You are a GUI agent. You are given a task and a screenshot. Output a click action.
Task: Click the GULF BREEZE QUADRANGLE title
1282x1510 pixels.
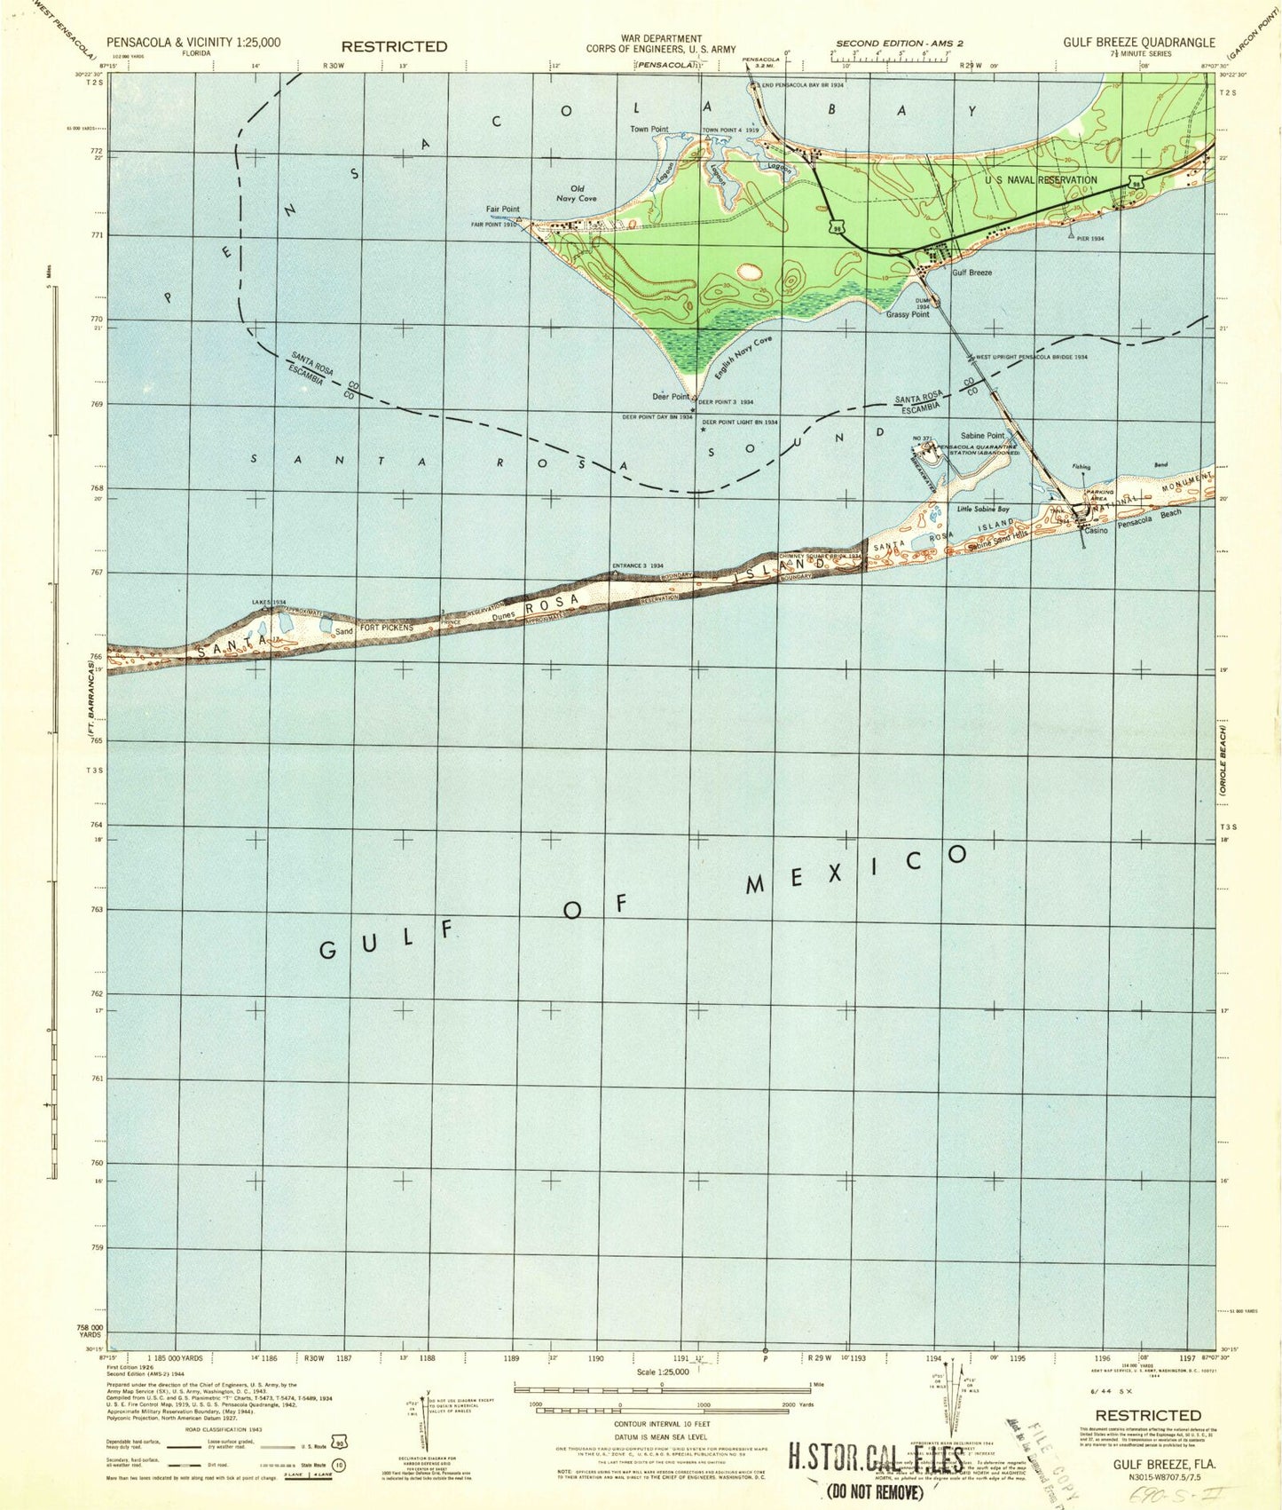[x=1139, y=42]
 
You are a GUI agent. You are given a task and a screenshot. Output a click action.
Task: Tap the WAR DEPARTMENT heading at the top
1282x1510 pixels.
[x=660, y=38]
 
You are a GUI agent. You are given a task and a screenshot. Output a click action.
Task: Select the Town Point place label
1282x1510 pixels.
[x=649, y=130]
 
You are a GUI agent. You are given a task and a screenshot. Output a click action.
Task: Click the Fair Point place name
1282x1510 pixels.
[x=502, y=210]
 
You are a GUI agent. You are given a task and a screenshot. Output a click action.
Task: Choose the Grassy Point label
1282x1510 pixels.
[x=907, y=314]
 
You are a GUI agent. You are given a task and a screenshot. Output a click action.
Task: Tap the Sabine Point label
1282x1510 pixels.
[x=982, y=436]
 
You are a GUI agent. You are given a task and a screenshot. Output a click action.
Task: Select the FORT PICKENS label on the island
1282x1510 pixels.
[x=386, y=628]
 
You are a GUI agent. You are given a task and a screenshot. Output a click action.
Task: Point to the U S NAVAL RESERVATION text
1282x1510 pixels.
[x=1040, y=180]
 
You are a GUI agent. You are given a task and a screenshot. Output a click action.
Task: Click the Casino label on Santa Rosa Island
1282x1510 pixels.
[x=1096, y=530]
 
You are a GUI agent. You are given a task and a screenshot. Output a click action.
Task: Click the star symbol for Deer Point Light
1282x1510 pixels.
[x=704, y=430]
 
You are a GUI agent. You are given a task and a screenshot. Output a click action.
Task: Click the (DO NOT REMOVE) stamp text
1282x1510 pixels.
[x=876, y=1492]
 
